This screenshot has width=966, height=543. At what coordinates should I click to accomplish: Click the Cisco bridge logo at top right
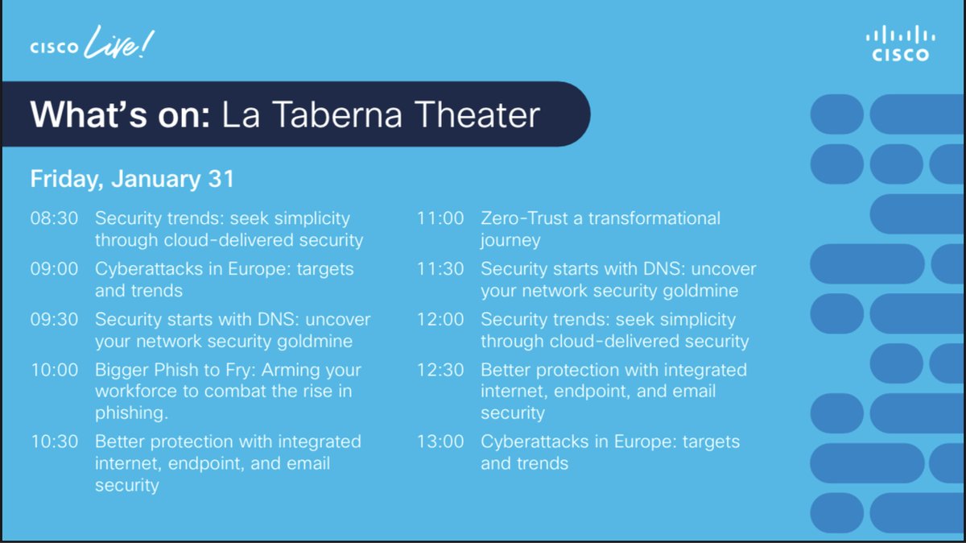(x=900, y=44)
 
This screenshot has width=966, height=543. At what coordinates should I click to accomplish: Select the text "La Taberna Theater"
(x=380, y=114)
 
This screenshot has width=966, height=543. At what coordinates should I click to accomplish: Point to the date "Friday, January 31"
(x=132, y=179)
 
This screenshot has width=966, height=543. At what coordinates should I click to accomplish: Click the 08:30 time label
(x=54, y=218)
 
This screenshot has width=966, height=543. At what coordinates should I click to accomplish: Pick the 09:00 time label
(x=54, y=269)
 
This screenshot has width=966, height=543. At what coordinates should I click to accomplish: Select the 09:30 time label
(x=54, y=320)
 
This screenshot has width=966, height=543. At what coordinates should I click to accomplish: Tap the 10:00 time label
(x=54, y=371)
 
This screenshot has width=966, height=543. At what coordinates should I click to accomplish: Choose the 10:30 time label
(x=54, y=442)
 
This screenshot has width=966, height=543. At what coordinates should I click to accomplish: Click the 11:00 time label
(x=440, y=218)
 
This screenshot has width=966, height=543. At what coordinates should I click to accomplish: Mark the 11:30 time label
(x=440, y=269)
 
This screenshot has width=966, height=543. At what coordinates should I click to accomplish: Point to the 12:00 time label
(x=440, y=320)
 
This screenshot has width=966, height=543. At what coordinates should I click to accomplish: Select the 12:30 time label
(x=440, y=371)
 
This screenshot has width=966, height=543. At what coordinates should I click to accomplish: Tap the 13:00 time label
(x=440, y=442)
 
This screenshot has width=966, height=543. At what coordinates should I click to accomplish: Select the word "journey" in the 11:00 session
(x=510, y=240)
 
